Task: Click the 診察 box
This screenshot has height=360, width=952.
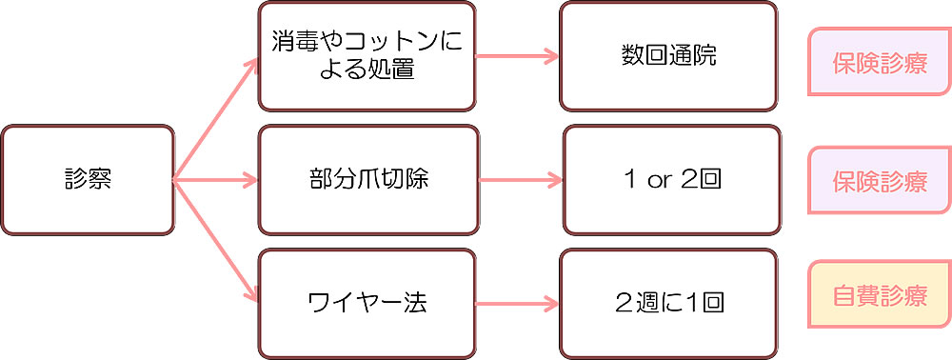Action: click(88, 179)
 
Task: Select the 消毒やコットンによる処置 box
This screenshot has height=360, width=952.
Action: click(367, 56)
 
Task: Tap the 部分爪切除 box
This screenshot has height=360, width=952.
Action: click(367, 179)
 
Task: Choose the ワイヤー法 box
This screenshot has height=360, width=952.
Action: click(367, 304)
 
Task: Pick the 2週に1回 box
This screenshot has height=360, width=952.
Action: click(669, 304)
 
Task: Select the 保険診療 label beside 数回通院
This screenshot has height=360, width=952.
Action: click(879, 62)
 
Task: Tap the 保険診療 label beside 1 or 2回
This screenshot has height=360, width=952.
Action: click(879, 181)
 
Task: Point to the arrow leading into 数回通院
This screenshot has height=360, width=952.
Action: click(517, 56)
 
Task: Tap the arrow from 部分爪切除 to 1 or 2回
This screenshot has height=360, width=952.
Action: click(519, 179)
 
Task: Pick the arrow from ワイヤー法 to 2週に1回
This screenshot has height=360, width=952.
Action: click(517, 304)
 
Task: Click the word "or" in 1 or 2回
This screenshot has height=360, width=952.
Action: click(659, 180)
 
